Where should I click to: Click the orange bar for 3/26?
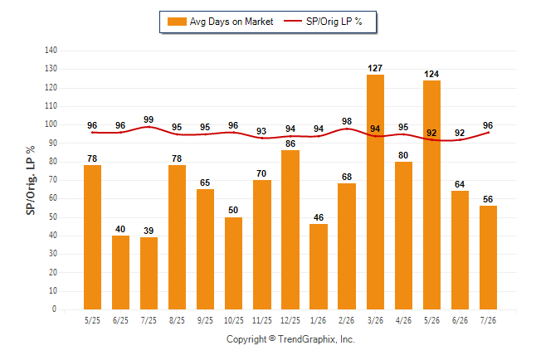pyautogui.click(x=375, y=192)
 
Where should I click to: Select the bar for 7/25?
pyautogui.click(x=149, y=273)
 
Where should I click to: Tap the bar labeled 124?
pyautogui.click(x=431, y=195)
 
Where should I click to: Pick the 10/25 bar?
pyautogui.click(x=233, y=263)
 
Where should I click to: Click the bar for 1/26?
pyautogui.click(x=319, y=266)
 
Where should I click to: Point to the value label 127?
pyautogui.click(x=375, y=68)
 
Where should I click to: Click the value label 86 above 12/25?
pyautogui.click(x=290, y=144)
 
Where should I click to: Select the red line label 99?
pyautogui.click(x=149, y=119)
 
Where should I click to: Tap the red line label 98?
pyautogui.click(x=347, y=121)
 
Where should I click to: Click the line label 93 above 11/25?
pyautogui.click(x=261, y=131)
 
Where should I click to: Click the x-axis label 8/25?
pyautogui.click(x=177, y=320)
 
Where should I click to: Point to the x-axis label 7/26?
pyautogui.click(x=488, y=320)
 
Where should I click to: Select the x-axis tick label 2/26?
pyautogui.click(x=347, y=320)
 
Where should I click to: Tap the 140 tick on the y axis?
pyautogui.click(x=51, y=51)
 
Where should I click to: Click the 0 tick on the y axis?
pyautogui.click(x=54, y=309)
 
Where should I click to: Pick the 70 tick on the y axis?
pyautogui.click(x=52, y=180)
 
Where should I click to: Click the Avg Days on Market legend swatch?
pyautogui.click(x=177, y=22)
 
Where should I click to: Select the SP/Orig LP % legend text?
pyautogui.click(x=334, y=22)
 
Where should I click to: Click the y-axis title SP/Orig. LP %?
pyautogui.click(x=31, y=180)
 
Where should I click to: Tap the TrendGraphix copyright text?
pyautogui.click(x=290, y=339)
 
